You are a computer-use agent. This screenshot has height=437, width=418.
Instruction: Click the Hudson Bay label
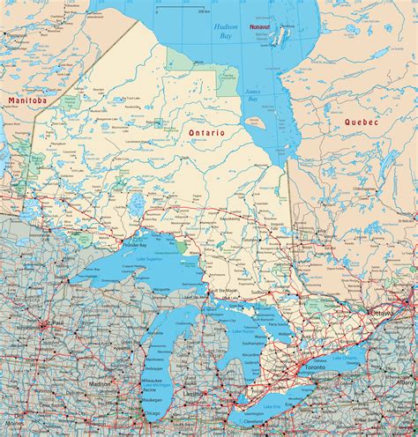[x=225, y=33]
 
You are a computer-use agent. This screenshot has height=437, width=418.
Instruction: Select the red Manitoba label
[x=26, y=101]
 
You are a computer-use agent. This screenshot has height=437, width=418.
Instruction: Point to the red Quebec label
[x=362, y=122]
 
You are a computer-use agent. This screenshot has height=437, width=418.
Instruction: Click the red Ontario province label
[x=206, y=131]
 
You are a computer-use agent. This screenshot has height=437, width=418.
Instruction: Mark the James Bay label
[x=252, y=96]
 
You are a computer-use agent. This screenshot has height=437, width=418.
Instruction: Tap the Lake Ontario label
[x=345, y=361]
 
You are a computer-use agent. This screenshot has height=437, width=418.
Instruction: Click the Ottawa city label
[x=384, y=313]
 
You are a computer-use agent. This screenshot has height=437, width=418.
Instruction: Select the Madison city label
[x=100, y=383]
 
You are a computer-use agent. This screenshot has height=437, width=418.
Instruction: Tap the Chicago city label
[x=131, y=414]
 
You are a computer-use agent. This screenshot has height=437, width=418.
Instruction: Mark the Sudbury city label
[x=258, y=292]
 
